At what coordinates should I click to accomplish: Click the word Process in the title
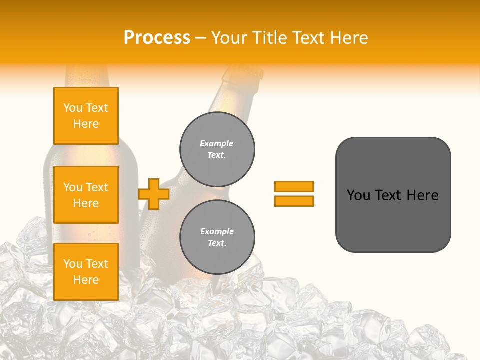coord(157,38)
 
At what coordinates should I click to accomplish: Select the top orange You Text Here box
coord(86,116)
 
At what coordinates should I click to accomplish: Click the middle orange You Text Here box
coord(86,195)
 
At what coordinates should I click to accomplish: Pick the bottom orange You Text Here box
coord(86,272)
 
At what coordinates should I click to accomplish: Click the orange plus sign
coord(153,194)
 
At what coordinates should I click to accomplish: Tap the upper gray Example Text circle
coord(217,149)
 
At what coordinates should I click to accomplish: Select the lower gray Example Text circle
coord(217,237)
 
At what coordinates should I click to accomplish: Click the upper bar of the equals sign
coord(294,186)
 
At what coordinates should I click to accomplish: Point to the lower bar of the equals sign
coord(294,201)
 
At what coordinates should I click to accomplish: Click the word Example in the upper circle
coord(216,143)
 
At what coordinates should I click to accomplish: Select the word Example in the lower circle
coord(217,231)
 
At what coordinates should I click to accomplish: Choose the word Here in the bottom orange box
coord(86,280)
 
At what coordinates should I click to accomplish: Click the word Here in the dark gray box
coord(422,195)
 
